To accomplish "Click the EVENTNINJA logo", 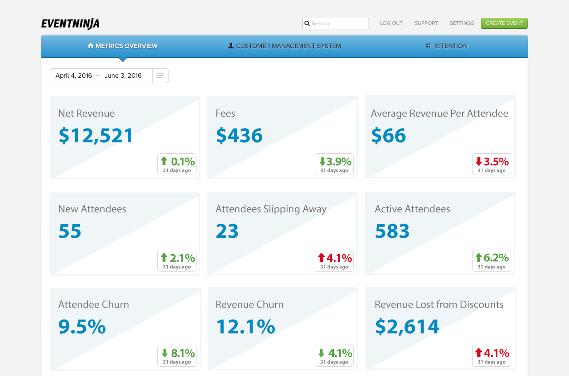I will [70, 24].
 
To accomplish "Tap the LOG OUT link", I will [391, 24].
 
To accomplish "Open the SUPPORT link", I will [426, 24].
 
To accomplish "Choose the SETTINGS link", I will [461, 24].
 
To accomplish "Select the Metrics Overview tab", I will [123, 46].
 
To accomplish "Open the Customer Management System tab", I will [284, 46].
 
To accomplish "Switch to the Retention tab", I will [446, 46].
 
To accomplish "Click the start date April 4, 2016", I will [74, 76].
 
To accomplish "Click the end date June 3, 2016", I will [123, 76].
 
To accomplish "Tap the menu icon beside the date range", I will [160, 76].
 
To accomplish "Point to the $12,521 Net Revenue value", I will [96, 136].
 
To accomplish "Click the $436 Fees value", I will [239, 136].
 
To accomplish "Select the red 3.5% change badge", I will [491, 164].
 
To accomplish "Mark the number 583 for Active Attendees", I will [392, 232].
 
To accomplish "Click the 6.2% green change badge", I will [491, 260].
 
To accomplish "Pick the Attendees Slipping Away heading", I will [271, 209].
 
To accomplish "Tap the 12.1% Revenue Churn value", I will [245, 327].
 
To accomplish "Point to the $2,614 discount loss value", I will [407, 327].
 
